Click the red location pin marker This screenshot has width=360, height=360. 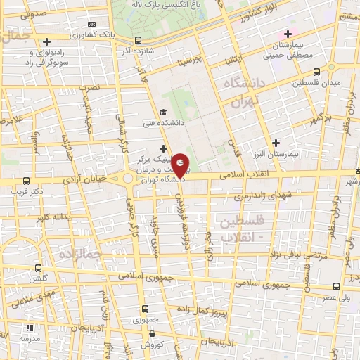[181, 166]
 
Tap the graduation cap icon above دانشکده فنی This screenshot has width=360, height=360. [163, 112]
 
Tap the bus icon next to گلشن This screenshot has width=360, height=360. [37, 268]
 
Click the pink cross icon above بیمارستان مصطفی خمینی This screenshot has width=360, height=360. [287, 34]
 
